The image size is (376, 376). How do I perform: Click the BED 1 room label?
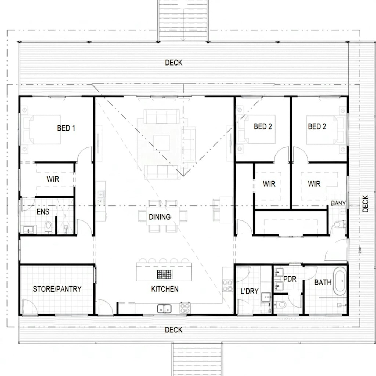click(66, 128)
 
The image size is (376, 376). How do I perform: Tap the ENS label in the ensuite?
click(43, 212)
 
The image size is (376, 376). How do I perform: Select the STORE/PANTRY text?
click(57, 289)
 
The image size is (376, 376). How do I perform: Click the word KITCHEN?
click(165, 289)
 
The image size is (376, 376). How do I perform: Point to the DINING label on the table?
click(160, 217)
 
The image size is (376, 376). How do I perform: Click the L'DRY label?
click(249, 291)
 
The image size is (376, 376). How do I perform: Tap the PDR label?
click(290, 279)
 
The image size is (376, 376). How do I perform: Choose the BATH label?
click(323, 282)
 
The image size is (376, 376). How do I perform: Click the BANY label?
click(338, 203)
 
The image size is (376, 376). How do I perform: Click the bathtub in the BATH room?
click(340, 281)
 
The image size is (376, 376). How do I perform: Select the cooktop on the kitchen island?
click(165, 274)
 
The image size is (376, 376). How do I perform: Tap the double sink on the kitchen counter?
click(164, 309)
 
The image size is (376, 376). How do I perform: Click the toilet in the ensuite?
click(48, 227)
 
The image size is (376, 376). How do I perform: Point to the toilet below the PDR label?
click(280, 304)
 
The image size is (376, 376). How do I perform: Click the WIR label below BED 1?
click(53, 179)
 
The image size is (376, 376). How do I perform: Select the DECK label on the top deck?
click(173, 63)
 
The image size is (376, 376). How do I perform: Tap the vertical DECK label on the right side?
click(365, 204)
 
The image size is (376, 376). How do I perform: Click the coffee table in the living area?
click(161, 143)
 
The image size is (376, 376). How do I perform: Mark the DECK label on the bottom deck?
click(173, 330)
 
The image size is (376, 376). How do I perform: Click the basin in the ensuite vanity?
click(28, 230)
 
